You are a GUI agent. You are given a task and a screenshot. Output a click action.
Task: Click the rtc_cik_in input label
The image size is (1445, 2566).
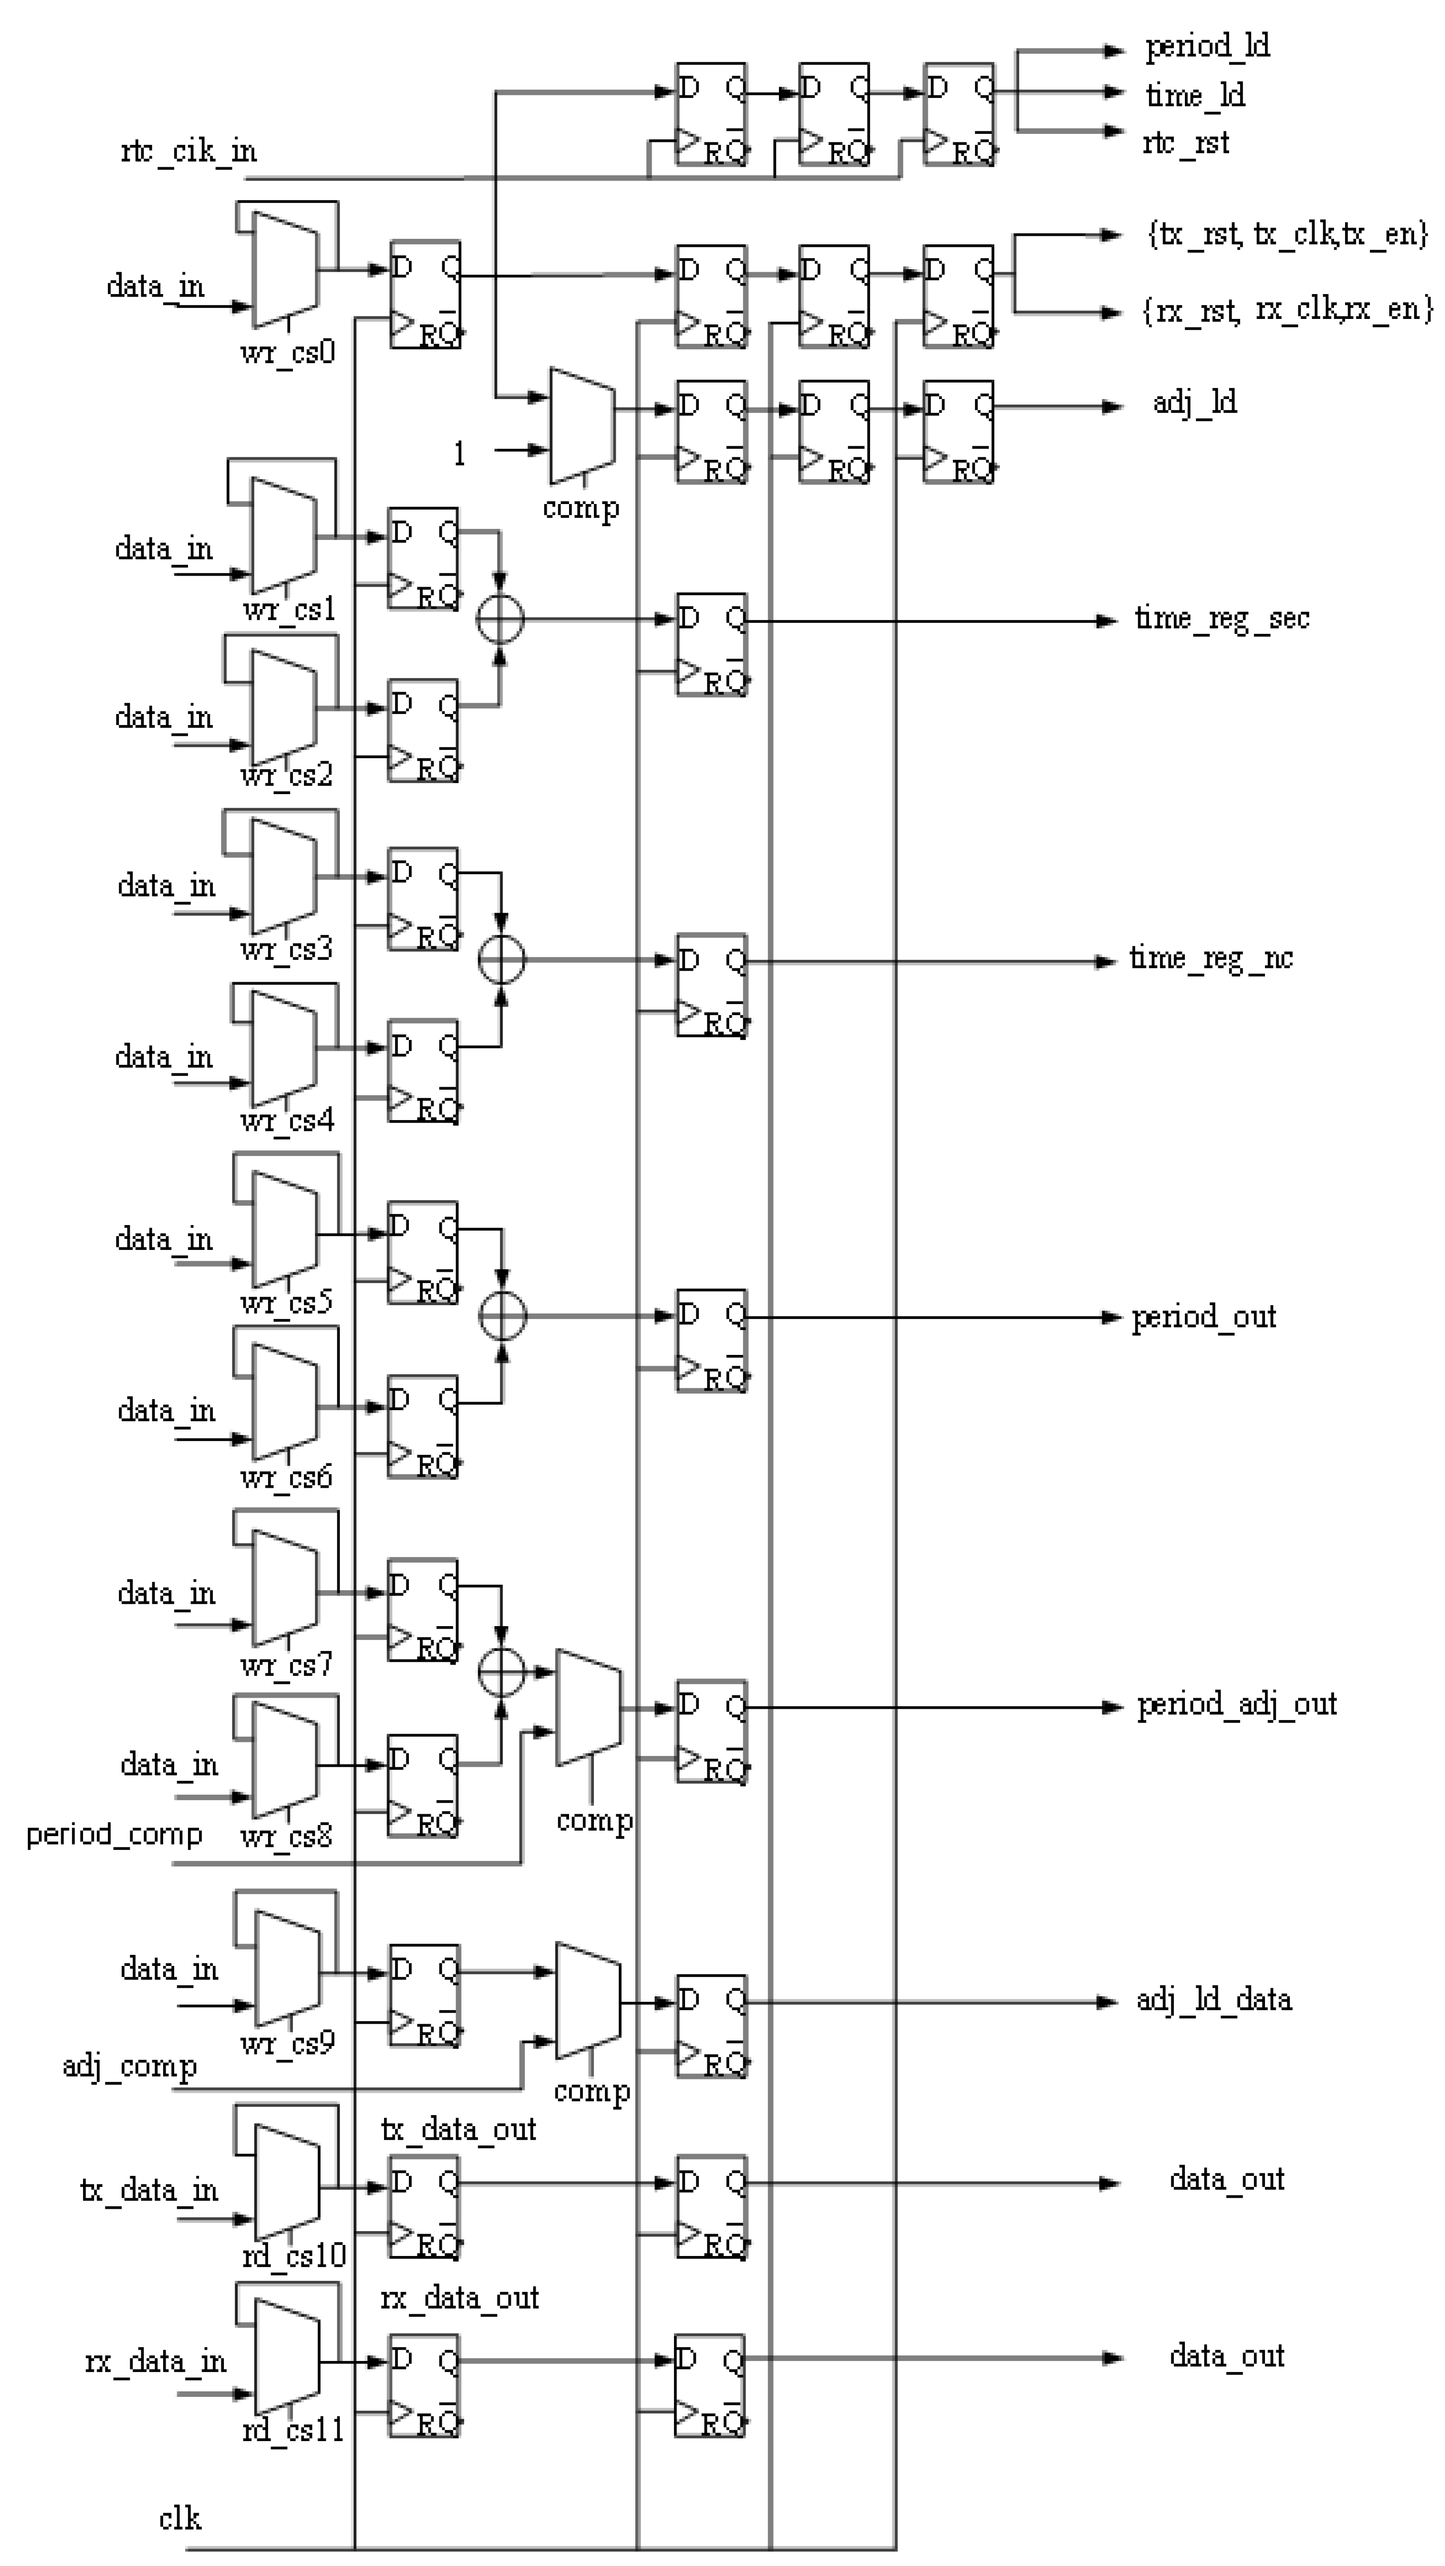[x=188, y=151]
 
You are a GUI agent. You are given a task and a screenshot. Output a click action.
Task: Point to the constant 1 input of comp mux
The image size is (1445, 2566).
[x=459, y=454]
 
